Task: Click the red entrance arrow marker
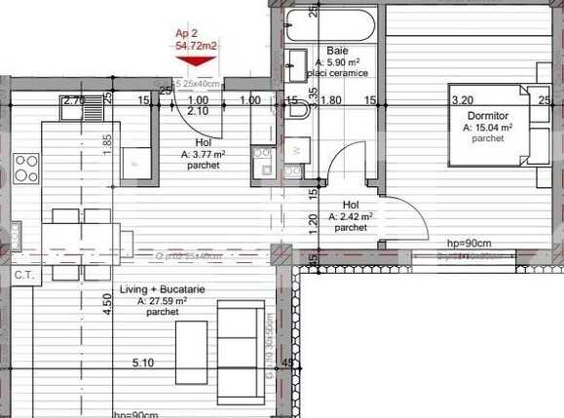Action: point(196,61)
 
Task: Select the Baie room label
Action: point(338,50)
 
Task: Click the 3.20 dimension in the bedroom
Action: point(462,99)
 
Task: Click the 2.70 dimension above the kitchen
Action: point(73,99)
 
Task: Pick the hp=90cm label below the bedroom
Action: point(468,243)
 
